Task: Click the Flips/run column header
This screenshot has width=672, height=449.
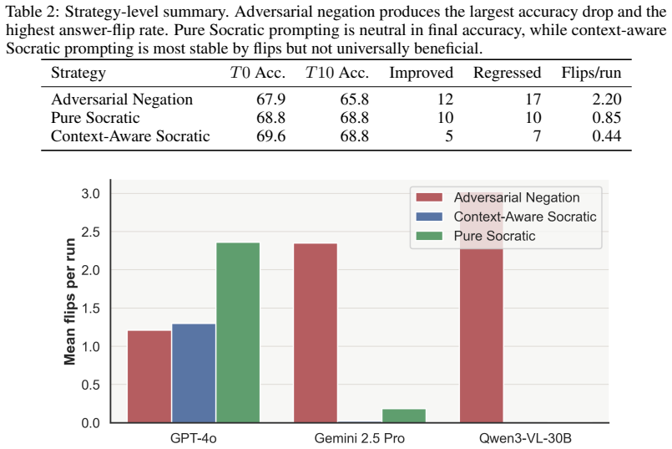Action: click(x=591, y=73)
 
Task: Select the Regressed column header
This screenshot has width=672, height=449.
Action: click(x=507, y=73)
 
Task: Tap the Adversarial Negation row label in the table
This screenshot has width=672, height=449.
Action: click(x=122, y=99)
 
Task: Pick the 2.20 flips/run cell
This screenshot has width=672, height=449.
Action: click(x=606, y=99)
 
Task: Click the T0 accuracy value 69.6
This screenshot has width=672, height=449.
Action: click(x=270, y=136)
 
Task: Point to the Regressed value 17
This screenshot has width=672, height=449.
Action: click(x=533, y=99)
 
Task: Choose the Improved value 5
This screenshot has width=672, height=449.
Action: click(x=449, y=136)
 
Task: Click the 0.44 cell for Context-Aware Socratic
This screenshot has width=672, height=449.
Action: click(x=606, y=136)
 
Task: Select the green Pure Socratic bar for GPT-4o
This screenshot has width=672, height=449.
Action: click(x=238, y=333)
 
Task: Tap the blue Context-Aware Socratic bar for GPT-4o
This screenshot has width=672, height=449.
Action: click(x=194, y=374)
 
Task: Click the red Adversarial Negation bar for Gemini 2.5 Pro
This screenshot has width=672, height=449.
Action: click(x=316, y=333)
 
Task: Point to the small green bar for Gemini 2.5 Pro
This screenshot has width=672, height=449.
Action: click(x=404, y=416)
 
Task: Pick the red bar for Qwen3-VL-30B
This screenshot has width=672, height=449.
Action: click(x=482, y=308)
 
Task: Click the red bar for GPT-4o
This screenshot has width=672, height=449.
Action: click(x=149, y=377)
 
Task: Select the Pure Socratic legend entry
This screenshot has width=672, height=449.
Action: click(x=476, y=236)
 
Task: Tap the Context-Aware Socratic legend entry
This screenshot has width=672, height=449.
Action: click(x=506, y=217)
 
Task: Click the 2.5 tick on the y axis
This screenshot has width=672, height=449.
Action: click(x=90, y=232)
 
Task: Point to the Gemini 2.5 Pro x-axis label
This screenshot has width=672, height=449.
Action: click(x=359, y=438)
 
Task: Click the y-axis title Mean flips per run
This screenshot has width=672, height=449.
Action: click(x=69, y=302)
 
